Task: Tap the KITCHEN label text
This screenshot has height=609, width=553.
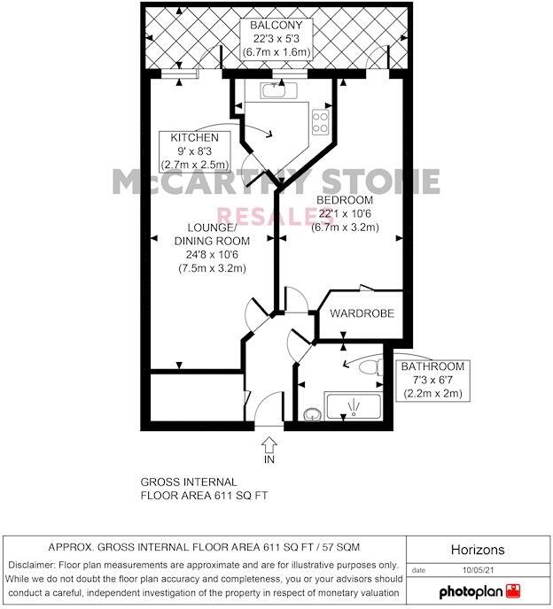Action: [x=194, y=137]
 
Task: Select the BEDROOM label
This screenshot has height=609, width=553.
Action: [x=345, y=200]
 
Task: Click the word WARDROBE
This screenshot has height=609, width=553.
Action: [x=361, y=314]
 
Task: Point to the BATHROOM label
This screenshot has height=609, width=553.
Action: [x=432, y=366]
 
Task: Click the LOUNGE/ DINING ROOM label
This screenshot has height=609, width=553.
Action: [x=212, y=234]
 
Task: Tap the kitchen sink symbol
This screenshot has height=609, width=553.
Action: [x=272, y=89]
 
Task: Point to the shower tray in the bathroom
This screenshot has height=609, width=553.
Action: [x=353, y=407]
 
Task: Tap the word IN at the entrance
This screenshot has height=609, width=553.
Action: [x=269, y=460]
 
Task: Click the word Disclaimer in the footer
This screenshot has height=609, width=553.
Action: [x=35, y=564]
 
